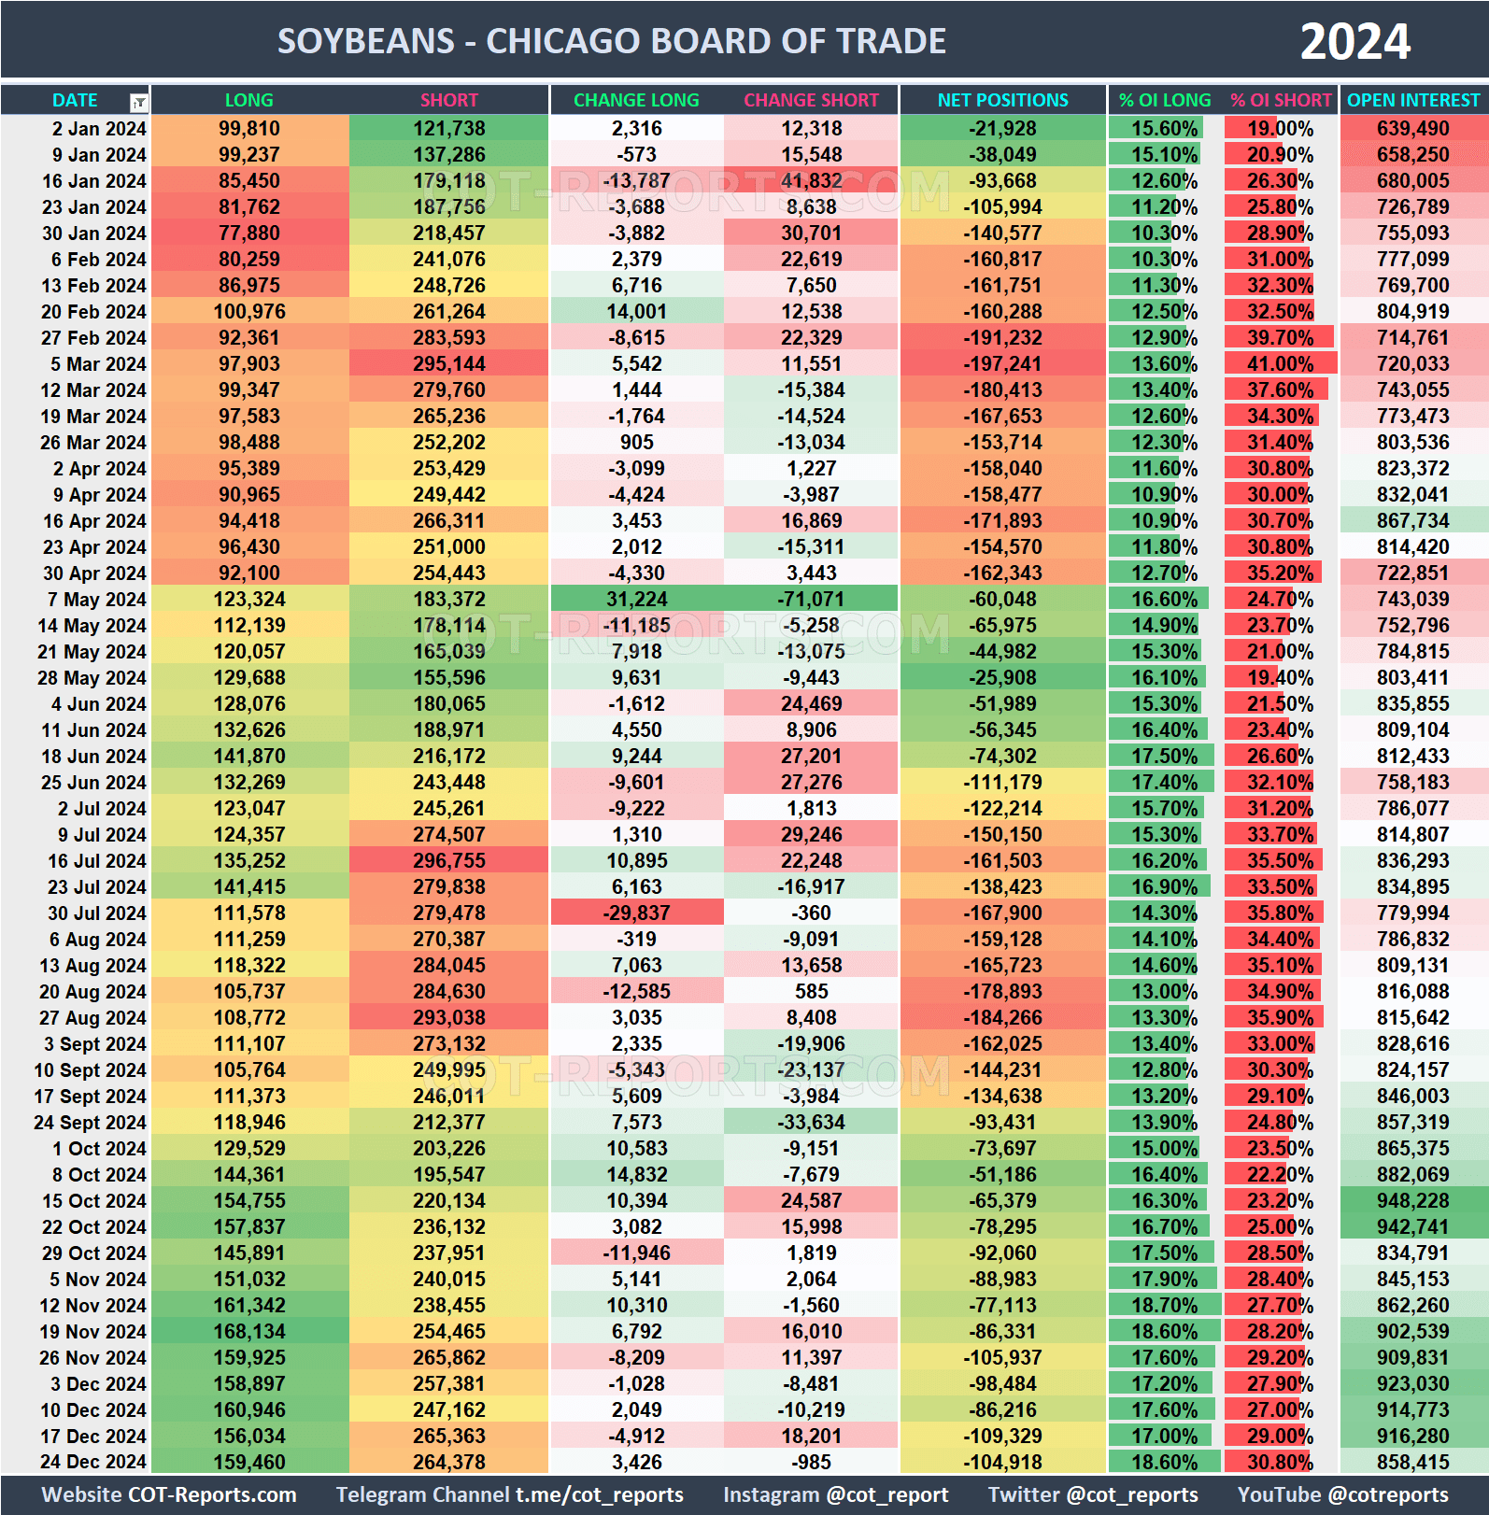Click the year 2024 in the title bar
coord(1354,42)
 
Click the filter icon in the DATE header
coord(138,102)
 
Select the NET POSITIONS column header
coord(1002,100)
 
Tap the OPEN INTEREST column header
coord(1412,100)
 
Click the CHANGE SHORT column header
coord(811,100)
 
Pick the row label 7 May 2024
coord(96,600)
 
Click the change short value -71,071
coord(811,600)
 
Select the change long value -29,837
coord(636,913)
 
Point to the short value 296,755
coord(449,861)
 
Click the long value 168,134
coord(249,1332)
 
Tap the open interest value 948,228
coord(1412,1201)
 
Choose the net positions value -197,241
coord(1002,364)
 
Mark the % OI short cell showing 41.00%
coord(1280,364)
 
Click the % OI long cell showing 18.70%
coord(1164,1306)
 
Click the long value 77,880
coord(249,234)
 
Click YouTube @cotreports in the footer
coord(1342,1495)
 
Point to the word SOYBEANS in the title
coord(365,42)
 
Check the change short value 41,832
coord(811,181)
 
